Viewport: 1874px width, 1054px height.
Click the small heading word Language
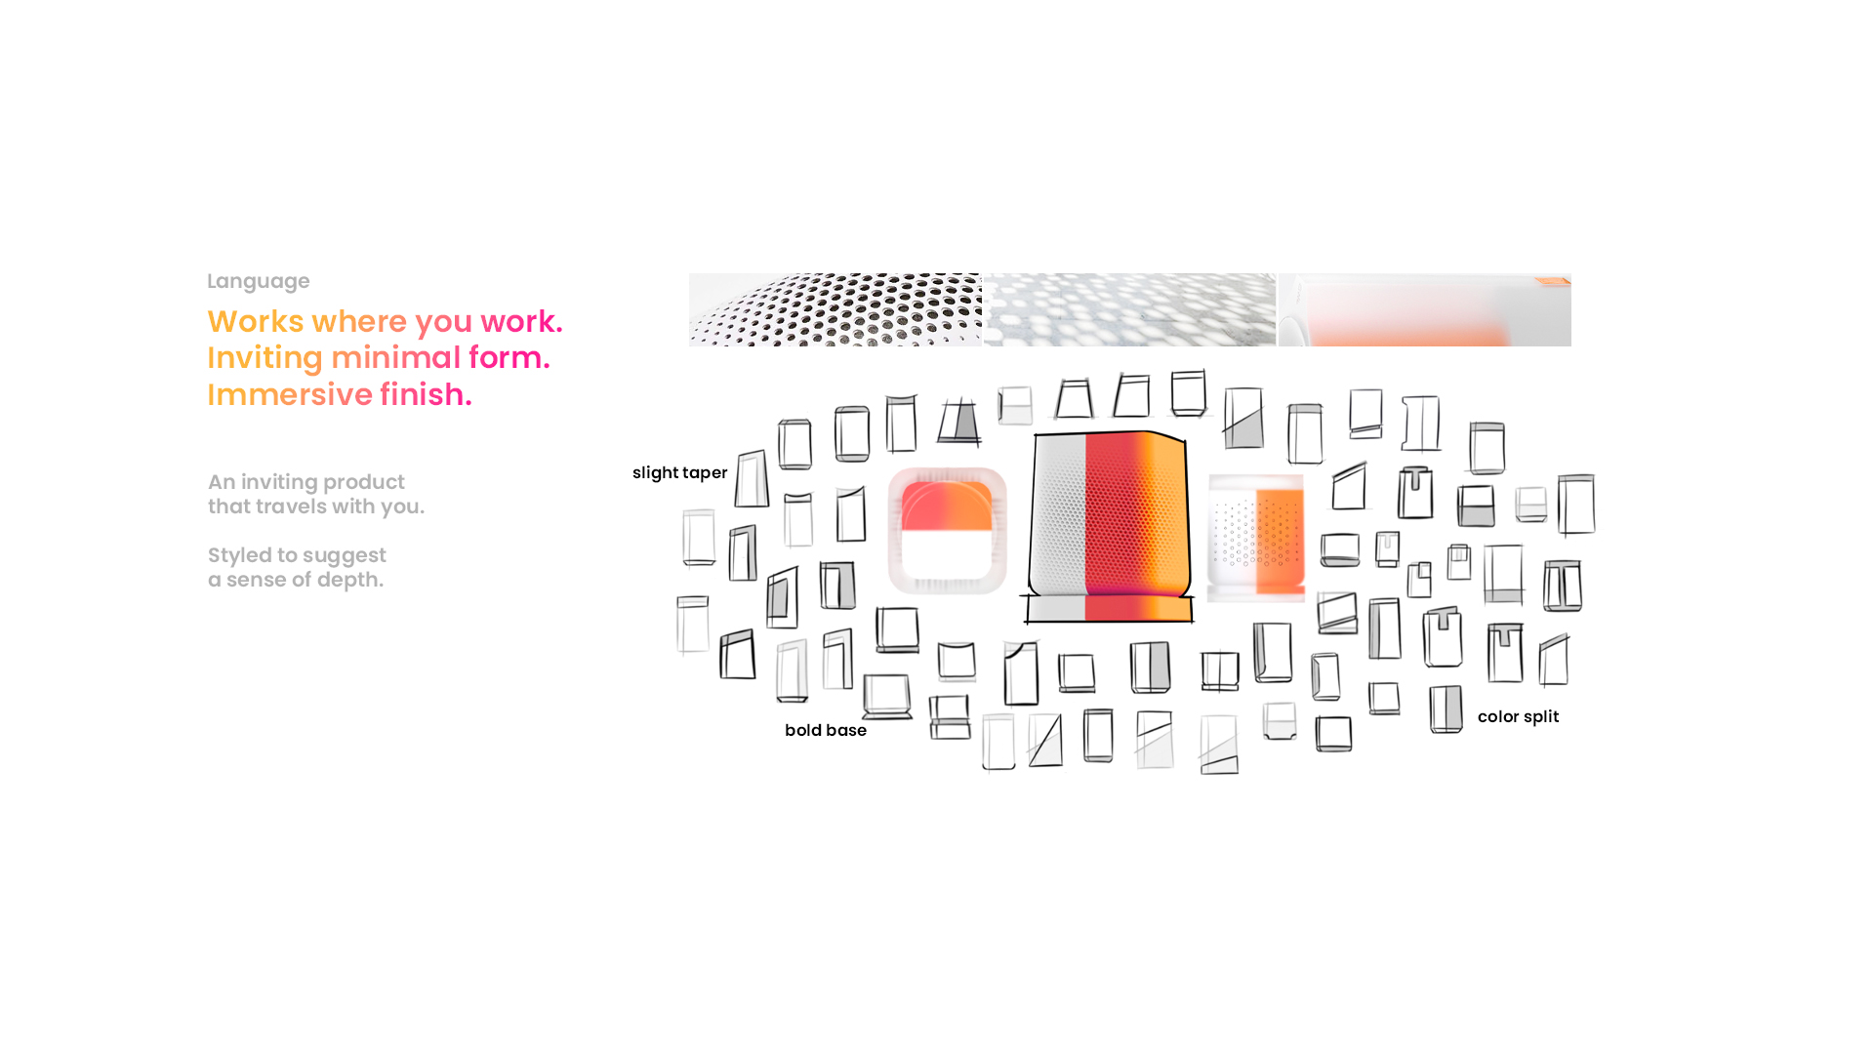pos(258,281)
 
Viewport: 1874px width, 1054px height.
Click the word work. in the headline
pos(521,321)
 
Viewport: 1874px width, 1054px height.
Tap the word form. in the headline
pos(509,357)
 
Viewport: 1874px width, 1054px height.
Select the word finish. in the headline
pos(426,394)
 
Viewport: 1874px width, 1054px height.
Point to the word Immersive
pos(290,394)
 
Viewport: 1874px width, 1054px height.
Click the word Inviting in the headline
pos(265,357)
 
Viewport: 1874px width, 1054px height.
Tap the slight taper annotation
pos(679,472)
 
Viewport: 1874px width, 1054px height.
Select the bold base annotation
pos(825,730)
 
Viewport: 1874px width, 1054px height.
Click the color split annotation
pos(1518,716)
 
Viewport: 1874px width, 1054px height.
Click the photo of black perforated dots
pos(835,309)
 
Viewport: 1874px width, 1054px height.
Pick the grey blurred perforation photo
pos(1129,309)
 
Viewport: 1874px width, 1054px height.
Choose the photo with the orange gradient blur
pos(1424,309)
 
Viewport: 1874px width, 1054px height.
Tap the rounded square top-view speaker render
pos(947,530)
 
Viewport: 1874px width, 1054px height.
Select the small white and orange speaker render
pos(1256,537)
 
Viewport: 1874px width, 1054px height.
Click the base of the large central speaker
pos(1109,609)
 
